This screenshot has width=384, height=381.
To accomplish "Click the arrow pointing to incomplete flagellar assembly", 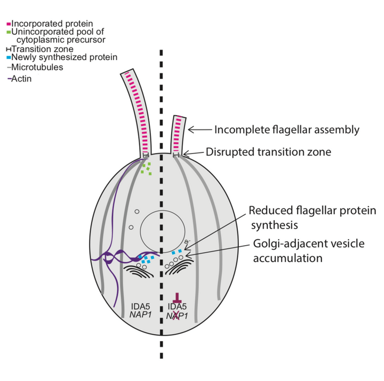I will click(x=199, y=129).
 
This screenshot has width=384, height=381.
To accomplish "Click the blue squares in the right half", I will click(x=177, y=251).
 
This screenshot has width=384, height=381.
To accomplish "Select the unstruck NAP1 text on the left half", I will click(x=141, y=316).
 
